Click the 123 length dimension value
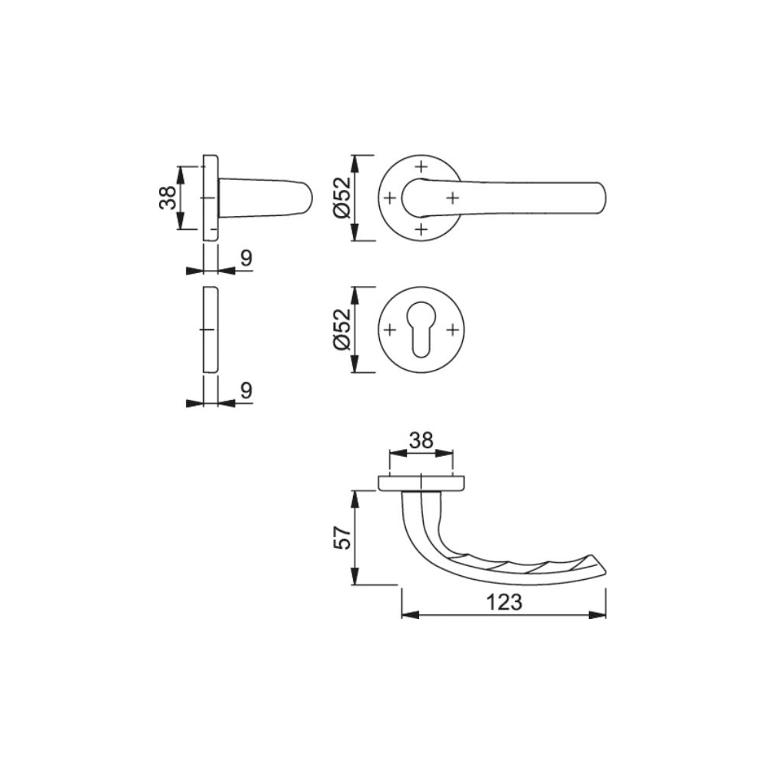504,602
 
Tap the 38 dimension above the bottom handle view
421,441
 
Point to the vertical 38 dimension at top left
168,198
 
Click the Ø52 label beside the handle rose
342,198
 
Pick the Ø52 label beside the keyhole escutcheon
342,329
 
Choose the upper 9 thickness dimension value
246,258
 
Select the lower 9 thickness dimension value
246,391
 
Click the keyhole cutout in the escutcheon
421,331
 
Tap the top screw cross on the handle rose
421,167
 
